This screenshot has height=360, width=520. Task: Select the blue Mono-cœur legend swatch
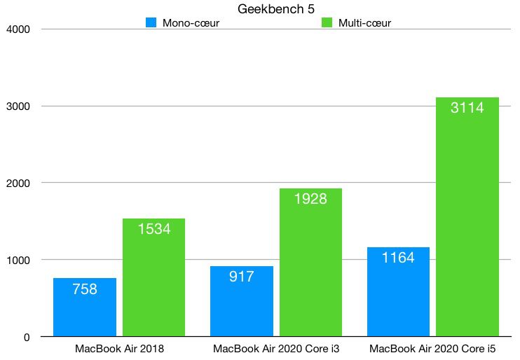tap(151, 22)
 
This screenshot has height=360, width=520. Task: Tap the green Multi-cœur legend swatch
tap(327, 22)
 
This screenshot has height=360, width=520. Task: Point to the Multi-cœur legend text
tap(364, 23)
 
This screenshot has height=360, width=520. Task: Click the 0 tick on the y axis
tap(27, 338)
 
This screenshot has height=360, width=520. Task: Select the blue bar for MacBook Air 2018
tap(85, 307)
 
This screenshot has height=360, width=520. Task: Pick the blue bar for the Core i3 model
tap(242, 301)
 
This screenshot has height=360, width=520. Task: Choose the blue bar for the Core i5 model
tap(398, 292)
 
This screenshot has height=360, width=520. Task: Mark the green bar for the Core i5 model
tap(467, 217)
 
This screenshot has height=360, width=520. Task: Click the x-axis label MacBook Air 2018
tap(119, 349)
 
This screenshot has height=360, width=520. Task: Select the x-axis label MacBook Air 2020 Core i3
tap(276, 349)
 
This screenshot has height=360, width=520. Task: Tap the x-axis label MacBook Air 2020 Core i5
tap(432, 349)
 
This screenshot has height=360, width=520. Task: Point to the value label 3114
tap(467, 109)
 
